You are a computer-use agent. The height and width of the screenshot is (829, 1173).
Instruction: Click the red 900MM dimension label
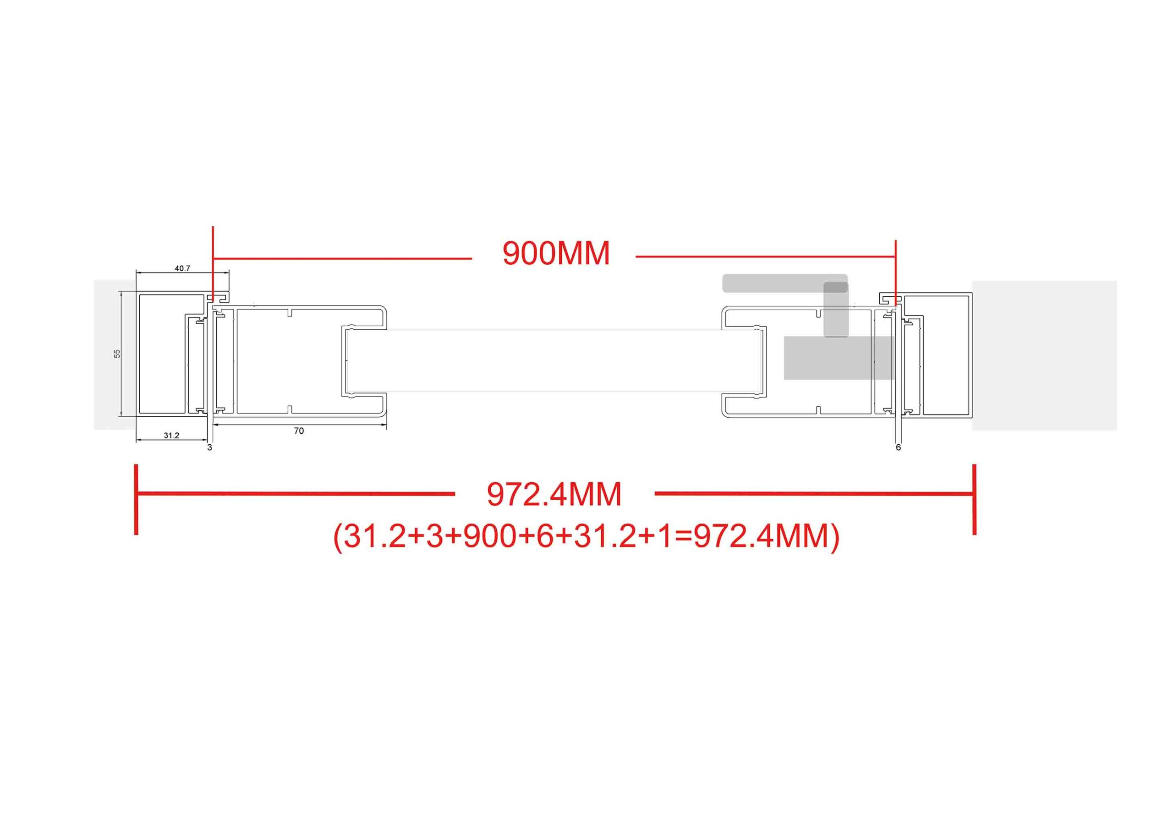(556, 253)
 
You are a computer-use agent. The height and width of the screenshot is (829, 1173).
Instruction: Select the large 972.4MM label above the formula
(554, 495)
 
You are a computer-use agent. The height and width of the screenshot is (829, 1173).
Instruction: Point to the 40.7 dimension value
(182, 268)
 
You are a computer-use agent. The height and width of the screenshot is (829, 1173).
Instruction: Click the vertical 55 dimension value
(117, 354)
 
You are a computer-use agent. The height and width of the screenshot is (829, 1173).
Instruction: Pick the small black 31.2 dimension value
(172, 436)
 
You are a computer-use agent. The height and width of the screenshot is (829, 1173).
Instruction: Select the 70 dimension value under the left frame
(299, 431)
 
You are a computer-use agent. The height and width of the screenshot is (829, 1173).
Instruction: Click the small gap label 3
(209, 447)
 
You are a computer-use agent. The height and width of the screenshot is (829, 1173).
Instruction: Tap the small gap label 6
(899, 447)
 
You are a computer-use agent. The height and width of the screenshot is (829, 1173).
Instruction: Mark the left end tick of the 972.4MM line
(136, 500)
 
